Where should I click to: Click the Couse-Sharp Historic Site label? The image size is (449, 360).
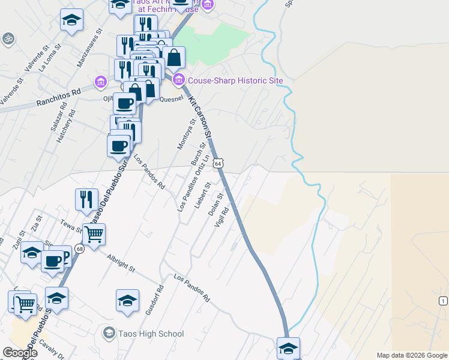pos(236,80)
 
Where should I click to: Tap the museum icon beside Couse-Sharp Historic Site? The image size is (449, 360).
pos(178,80)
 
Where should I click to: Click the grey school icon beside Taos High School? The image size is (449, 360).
pos(109,332)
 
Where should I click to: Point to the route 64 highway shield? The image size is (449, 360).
pos(219,163)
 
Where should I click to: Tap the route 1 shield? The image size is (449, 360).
pos(443,300)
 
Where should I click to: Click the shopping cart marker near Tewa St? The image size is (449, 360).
pos(94,235)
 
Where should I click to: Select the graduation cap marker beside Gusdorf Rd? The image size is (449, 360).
pos(127,301)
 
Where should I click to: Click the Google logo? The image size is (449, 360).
pos(20,353)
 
